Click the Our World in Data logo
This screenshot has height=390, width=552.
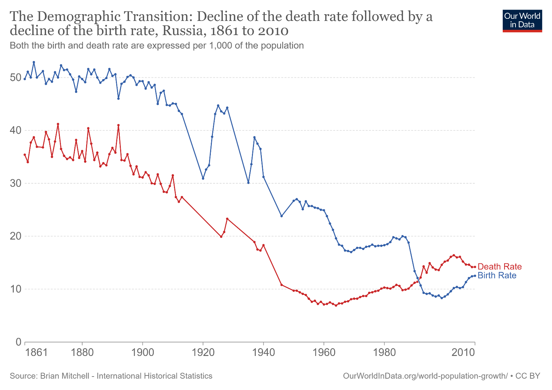(x=522, y=21)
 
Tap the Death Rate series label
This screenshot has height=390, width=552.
(x=500, y=267)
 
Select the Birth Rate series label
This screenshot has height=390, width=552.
(x=497, y=275)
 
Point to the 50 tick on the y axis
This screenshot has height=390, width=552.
(x=16, y=78)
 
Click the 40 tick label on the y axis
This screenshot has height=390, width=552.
(x=16, y=130)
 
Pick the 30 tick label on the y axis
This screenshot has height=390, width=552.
(x=16, y=183)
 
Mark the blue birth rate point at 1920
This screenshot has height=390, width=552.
(x=203, y=178)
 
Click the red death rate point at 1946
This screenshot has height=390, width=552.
(x=282, y=285)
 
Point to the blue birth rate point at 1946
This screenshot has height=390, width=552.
(x=282, y=216)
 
